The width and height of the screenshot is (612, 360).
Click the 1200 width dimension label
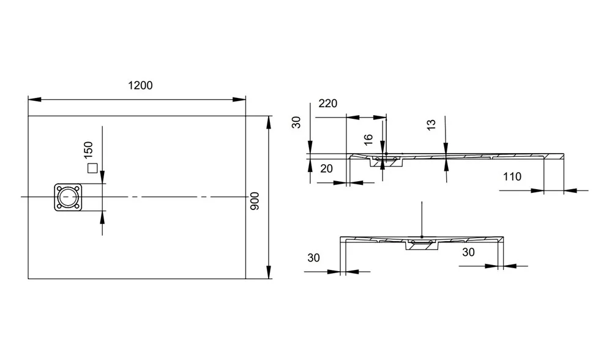tap(140, 86)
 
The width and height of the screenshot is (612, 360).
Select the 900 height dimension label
tap(255, 201)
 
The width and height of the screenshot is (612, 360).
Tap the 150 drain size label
tap(88, 150)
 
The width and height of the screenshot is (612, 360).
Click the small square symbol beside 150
tap(92, 168)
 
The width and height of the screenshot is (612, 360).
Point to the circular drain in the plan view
tap(68, 197)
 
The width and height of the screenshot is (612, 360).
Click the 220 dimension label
tap(328, 103)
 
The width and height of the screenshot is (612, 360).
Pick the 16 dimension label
tap(368, 140)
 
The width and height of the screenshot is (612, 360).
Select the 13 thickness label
tap(431, 125)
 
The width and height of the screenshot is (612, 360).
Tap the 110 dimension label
tap(512, 177)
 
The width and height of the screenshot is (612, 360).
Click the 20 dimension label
tap(326, 169)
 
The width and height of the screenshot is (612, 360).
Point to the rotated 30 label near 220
tap(297, 122)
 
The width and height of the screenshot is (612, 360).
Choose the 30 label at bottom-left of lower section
tap(313, 258)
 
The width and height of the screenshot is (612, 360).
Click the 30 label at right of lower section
tap(468, 252)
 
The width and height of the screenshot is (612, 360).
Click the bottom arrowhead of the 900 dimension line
tap(269, 272)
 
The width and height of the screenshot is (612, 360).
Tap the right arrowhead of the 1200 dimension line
tap(239, 100)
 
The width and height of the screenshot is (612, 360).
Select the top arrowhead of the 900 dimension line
tap(269, 122)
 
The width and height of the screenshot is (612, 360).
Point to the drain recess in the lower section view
tap(422, 244)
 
